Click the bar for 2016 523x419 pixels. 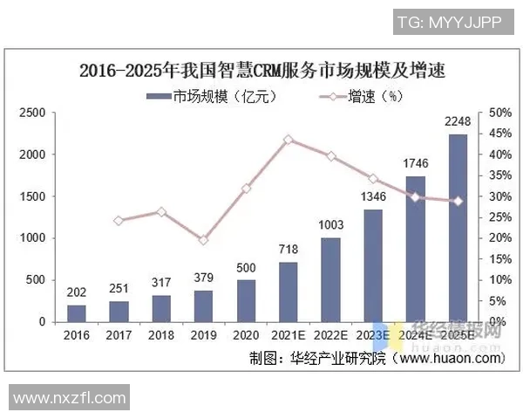pyautogui.click(x=77, y=313)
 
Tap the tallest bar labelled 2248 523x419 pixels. pyautogui.click(x=458, y=228)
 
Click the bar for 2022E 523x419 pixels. pyautogui.click(x=330, y=279)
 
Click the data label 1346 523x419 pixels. pyautogui.click(x=373, y=198)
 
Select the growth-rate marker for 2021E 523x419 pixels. pyautogui.click(x=289, y=140)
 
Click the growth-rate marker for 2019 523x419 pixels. pyautogui.click(x=204, y=240)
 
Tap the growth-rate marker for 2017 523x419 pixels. pyautogui.click(x=119, y=221)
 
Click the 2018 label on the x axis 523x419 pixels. pyautogui.click(x=161, y=334)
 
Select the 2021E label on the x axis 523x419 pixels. pyautogui.click(x=289, y=334)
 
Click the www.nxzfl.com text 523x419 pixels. pyautogui.click(x=70, y=398)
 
